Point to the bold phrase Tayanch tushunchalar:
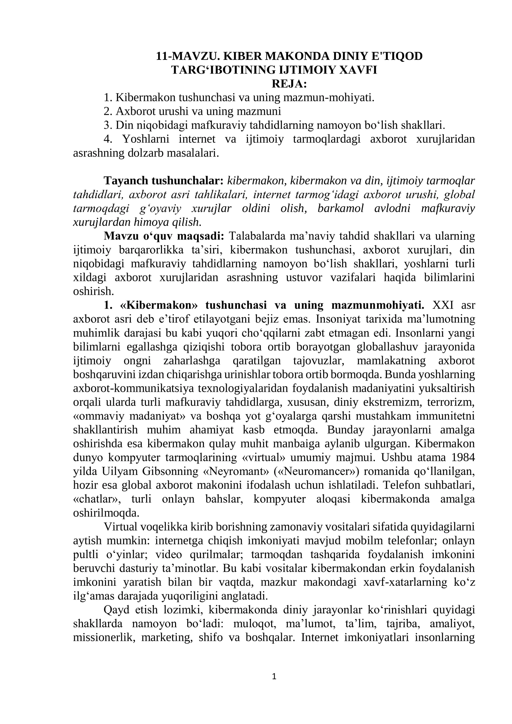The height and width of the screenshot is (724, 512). pyautogui.click(x=164, y=181)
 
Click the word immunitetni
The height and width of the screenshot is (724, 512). pyautogui.click(x=447, y=416)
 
